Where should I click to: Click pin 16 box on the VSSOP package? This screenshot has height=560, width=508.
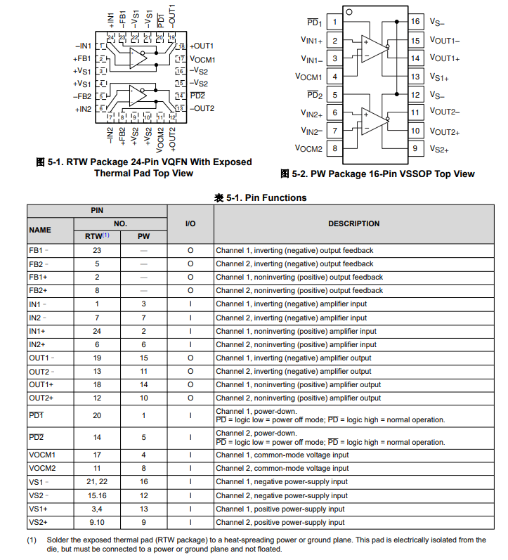click(416, 22)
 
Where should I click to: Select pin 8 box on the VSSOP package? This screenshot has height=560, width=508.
click(334, 148)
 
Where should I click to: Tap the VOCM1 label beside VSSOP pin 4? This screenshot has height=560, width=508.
click(308, 77)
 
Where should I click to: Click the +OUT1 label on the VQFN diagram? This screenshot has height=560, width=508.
click(202, 46)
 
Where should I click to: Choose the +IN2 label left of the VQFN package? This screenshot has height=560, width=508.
click(83, 109)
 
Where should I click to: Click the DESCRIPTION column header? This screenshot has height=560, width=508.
click(353, 223)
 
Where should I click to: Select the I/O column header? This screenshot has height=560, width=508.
click(190, 223)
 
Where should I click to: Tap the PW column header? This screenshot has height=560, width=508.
click(143, 237)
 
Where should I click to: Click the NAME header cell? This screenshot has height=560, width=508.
click(40, 230)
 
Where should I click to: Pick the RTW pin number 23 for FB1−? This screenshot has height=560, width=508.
click(97, 250)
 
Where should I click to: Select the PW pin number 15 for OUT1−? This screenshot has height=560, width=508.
click(143, 358)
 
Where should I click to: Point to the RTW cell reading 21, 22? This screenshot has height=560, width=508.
click(97, 482)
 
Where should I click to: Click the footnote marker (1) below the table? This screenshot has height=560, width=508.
click(32, 540)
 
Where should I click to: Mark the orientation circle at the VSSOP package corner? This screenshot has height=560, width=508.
click(349, 13)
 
